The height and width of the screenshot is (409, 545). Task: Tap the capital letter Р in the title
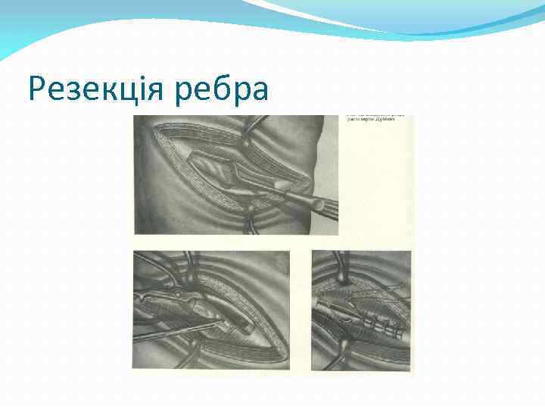(x=38, y=90)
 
